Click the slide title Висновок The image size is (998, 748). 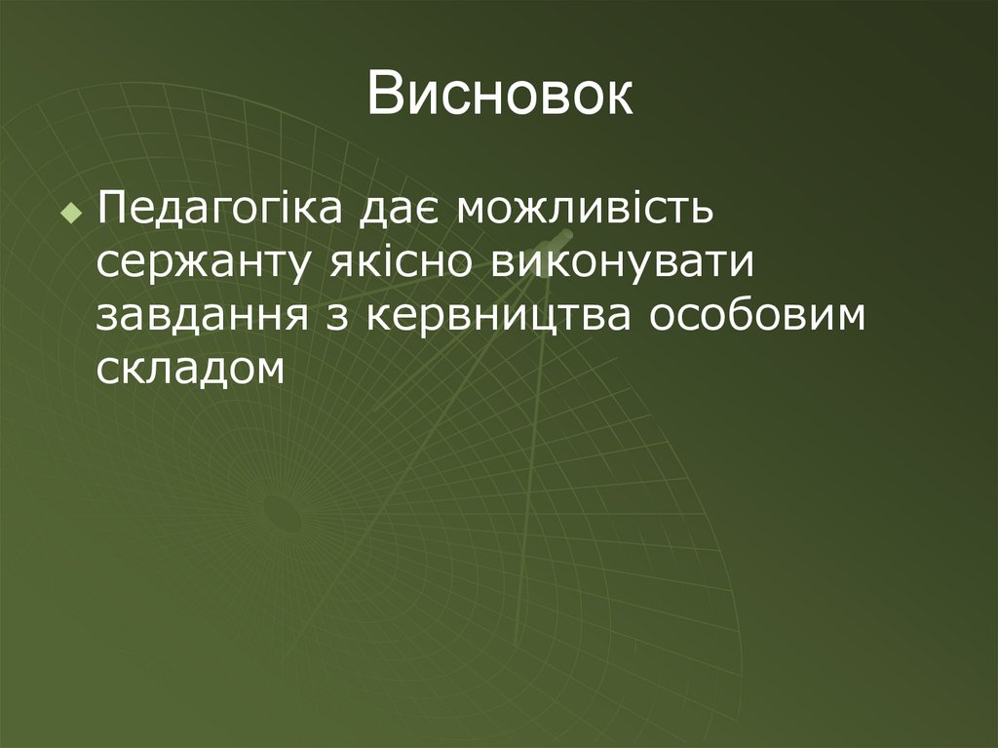(x=499, y=97)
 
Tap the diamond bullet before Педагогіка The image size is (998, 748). (x=69, y=213)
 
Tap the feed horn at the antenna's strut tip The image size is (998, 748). (x=559, y=238)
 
